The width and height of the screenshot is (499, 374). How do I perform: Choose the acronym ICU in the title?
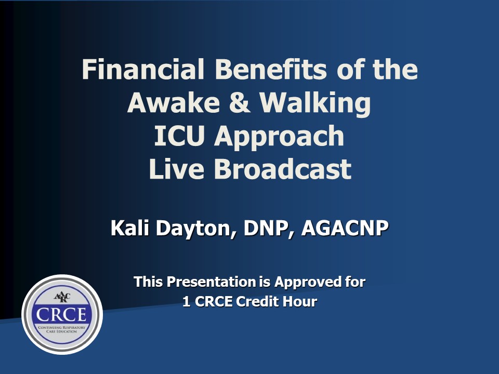click(180, 136)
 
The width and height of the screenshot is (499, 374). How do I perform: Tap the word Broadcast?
click(283, 169)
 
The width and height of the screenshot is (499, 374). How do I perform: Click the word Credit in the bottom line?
click(259, 302)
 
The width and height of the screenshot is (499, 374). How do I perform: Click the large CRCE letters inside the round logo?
click(62, 315)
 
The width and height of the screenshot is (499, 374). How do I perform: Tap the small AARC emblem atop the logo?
click(62, 298)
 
